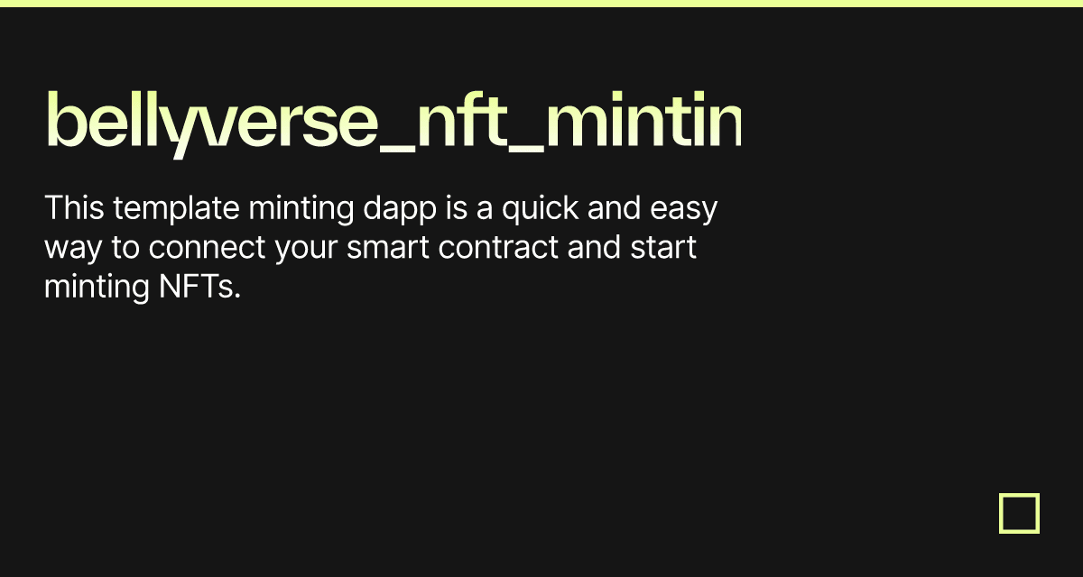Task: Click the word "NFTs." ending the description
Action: click(x=195, y=287)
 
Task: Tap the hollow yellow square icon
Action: click(x=1019, y=513)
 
